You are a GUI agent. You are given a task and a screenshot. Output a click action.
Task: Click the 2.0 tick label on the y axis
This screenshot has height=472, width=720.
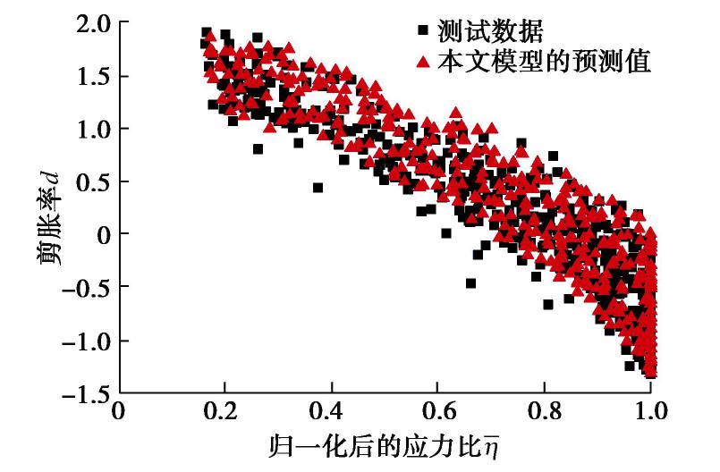coord(90,24)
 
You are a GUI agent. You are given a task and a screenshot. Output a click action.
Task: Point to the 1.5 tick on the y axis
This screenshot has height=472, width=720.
coord(90,76)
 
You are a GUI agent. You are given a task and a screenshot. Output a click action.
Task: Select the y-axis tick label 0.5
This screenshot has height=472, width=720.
coord(90,181)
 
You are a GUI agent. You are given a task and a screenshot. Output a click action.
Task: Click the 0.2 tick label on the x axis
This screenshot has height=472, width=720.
coord(224,412)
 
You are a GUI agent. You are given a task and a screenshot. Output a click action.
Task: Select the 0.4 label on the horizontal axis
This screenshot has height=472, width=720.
coord(331,412)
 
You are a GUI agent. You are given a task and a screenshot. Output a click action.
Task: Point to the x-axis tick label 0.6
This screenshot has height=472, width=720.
coord(437,412)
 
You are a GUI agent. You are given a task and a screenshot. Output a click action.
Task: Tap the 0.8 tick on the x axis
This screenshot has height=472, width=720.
coord(544,412)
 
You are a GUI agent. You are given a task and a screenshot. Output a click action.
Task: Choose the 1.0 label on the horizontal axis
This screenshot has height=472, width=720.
coord(649,412)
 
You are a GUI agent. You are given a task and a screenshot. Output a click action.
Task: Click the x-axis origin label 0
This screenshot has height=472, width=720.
coord(119,412)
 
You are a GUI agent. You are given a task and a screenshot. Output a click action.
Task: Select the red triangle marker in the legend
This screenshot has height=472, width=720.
coord(424,62)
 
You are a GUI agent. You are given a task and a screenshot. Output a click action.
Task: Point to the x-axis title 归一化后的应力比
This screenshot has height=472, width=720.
coord(385,444)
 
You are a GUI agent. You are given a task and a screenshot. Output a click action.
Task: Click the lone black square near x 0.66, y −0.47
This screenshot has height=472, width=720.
coord(470,283)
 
